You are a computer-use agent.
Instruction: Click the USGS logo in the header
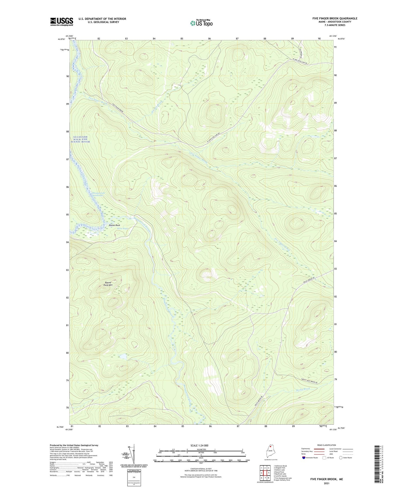tap(62, 22)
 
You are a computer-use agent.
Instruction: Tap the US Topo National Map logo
tap(201, 23)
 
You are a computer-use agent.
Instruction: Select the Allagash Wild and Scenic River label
tap(81, 139)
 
